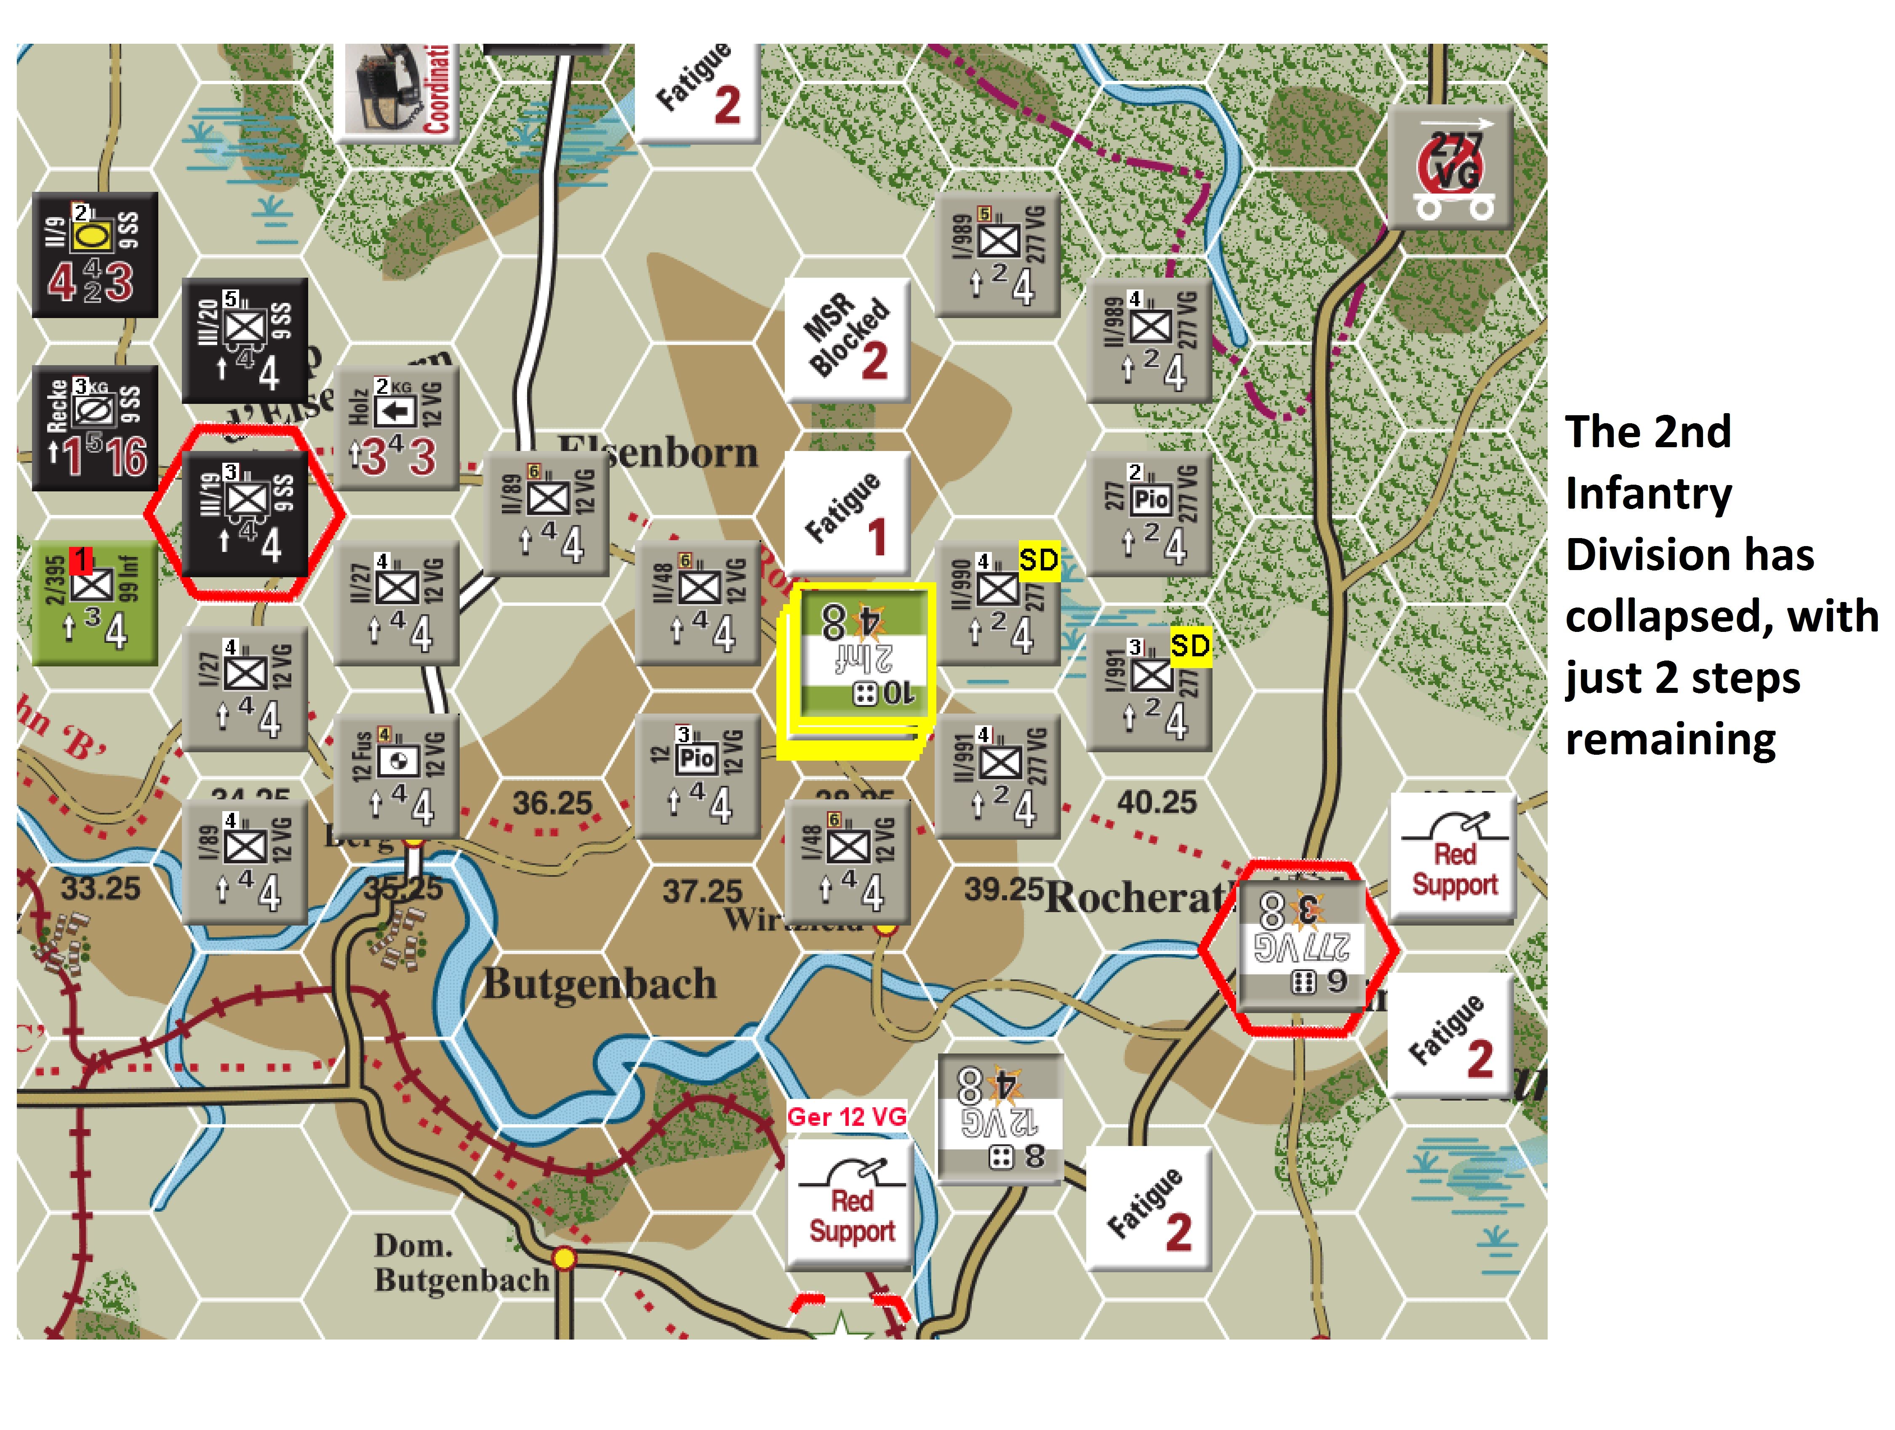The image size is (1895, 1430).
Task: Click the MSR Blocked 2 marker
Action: pyautogui.click(x=847, y=339)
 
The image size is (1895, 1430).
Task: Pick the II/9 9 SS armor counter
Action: pyautogui.click(x=94, y=255)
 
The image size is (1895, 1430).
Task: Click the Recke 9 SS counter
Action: pyautogui.click(x=94, y=428)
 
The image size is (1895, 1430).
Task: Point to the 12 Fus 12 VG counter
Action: pyautogui.click(x=396, y=775)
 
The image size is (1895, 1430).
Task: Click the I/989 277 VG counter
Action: pyautogui.click(x=998, y=254)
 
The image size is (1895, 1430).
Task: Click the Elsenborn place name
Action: pyautogui.click(x=658, y=452)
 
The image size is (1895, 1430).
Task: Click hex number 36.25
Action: pyautogui.click(x=552, y=803)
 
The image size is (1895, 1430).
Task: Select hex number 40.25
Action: pyautogui.click(x=1157, y=802)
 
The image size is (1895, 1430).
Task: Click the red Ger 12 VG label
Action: pyautogui.click(x=846, y=1117)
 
